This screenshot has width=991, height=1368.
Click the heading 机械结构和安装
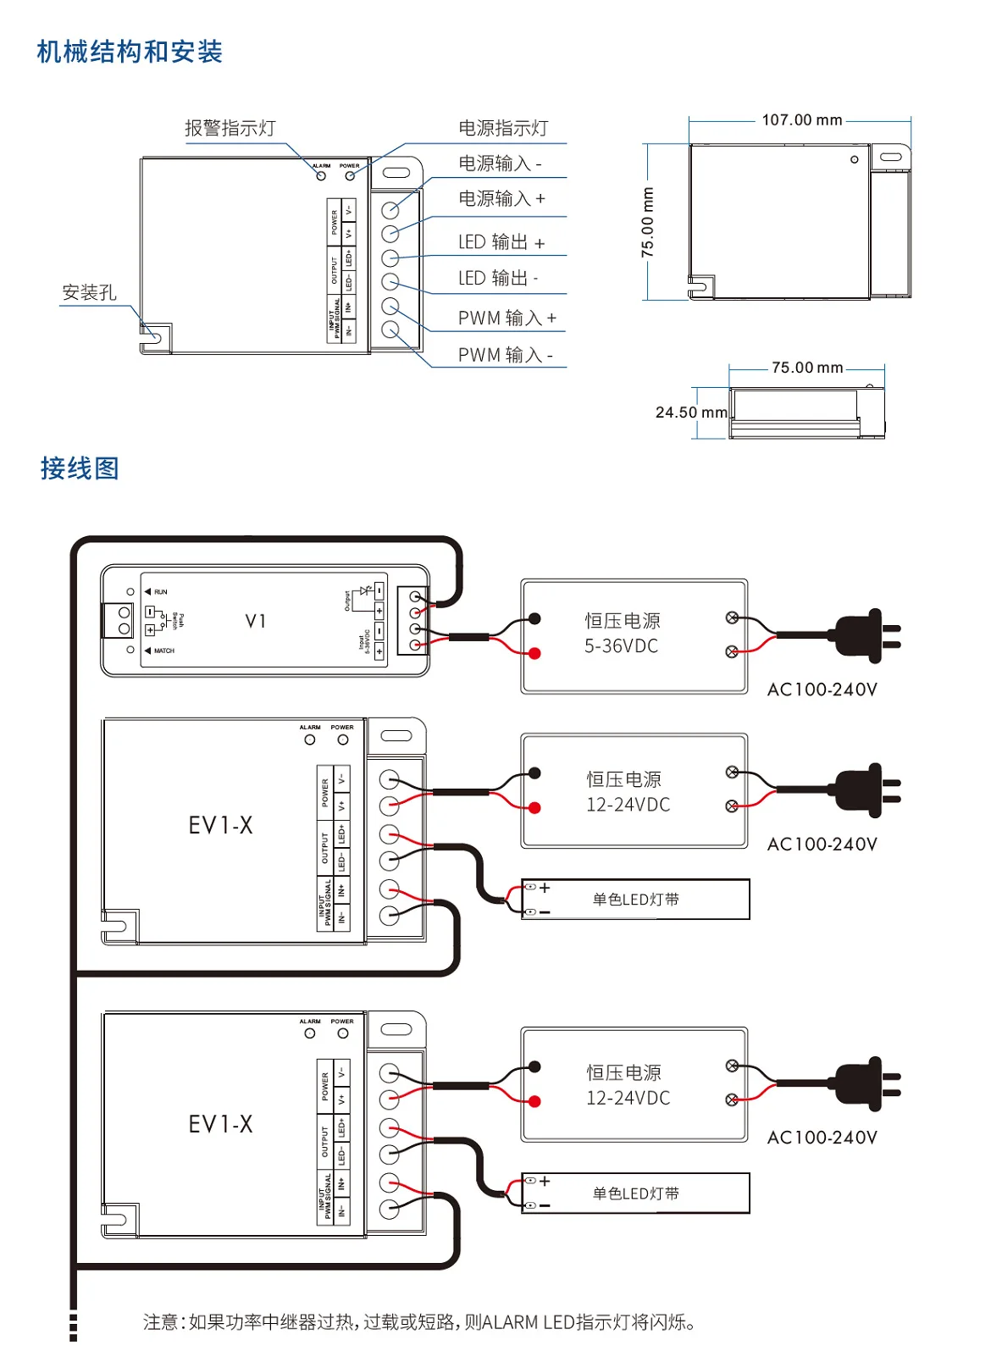pos(130,52)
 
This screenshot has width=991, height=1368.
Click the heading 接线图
pos(80,468)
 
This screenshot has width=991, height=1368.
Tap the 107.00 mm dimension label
pos(801,120)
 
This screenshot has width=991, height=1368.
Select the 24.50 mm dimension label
pos(690,413)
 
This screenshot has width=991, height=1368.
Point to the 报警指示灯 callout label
pos(230,128)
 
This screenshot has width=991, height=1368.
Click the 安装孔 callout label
pos(89,292)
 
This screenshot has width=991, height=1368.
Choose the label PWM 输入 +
pos(507,318)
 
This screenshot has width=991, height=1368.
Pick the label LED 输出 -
pos(498,278)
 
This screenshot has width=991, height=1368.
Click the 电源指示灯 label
pos(503,128)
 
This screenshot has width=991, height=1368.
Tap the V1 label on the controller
pos(256,621)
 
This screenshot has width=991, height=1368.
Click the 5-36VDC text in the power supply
pos(621,646)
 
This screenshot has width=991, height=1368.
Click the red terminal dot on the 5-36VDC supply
pos(534,653)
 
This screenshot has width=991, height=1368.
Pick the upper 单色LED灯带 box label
pos(635,900)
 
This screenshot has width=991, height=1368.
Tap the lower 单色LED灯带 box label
pos(635,1194)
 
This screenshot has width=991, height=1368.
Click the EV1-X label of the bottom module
pos(220,1124)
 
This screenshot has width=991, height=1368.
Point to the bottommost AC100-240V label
pos(822,1138)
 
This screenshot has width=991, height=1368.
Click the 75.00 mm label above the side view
pos(806,368)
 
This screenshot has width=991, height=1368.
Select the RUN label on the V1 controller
pos(161,592)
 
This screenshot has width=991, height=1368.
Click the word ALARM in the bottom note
pos(510,1322)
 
